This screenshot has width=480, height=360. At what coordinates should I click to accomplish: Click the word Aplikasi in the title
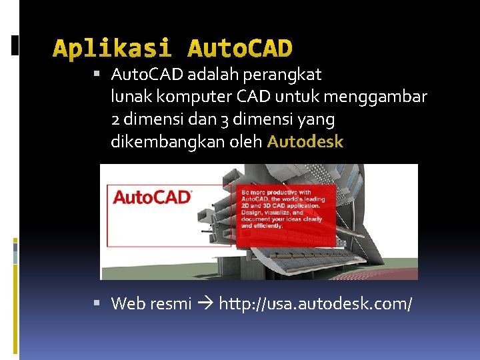[x=112, y=49]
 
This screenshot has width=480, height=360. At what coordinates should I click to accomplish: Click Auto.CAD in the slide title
[x=240, y=49]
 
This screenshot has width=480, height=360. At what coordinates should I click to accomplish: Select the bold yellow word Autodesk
[x=305, y=141]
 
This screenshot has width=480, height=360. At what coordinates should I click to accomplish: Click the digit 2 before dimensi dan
[x=116, y=119]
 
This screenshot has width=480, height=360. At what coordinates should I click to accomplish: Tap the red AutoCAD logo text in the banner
[x=152, y=197]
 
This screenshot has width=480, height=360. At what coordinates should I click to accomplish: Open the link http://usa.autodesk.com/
[x=316, y=304]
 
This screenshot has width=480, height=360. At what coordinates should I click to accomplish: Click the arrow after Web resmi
[x=206, y=304]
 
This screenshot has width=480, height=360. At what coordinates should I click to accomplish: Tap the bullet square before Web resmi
[x=97, y=303]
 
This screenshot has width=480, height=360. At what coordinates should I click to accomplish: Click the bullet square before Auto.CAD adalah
[x=97, y=73]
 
